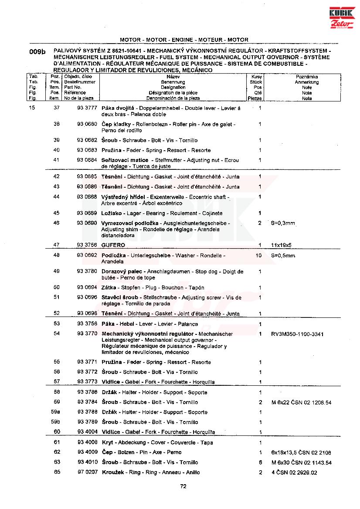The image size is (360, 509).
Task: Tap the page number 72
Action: tap(183, 487)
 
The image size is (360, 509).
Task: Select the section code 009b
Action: tap(37, 51)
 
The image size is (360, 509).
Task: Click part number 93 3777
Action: tap(87, 108)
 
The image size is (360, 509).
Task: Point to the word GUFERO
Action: tap(113, 245)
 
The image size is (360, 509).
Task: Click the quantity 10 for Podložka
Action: tap(259, 256)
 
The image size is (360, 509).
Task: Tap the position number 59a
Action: tap(55, 412)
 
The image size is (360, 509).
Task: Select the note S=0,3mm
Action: tap(283, 223)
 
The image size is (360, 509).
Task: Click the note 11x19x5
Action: tap(281, 245)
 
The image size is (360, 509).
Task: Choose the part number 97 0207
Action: tap(87, 472)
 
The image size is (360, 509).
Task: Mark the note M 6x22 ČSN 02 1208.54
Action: tap(301, 403)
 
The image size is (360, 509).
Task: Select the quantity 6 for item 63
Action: tap(260, 462)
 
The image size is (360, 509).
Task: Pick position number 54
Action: tap(57, 334)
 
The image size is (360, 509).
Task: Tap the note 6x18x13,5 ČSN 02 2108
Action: tap(301, 453)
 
